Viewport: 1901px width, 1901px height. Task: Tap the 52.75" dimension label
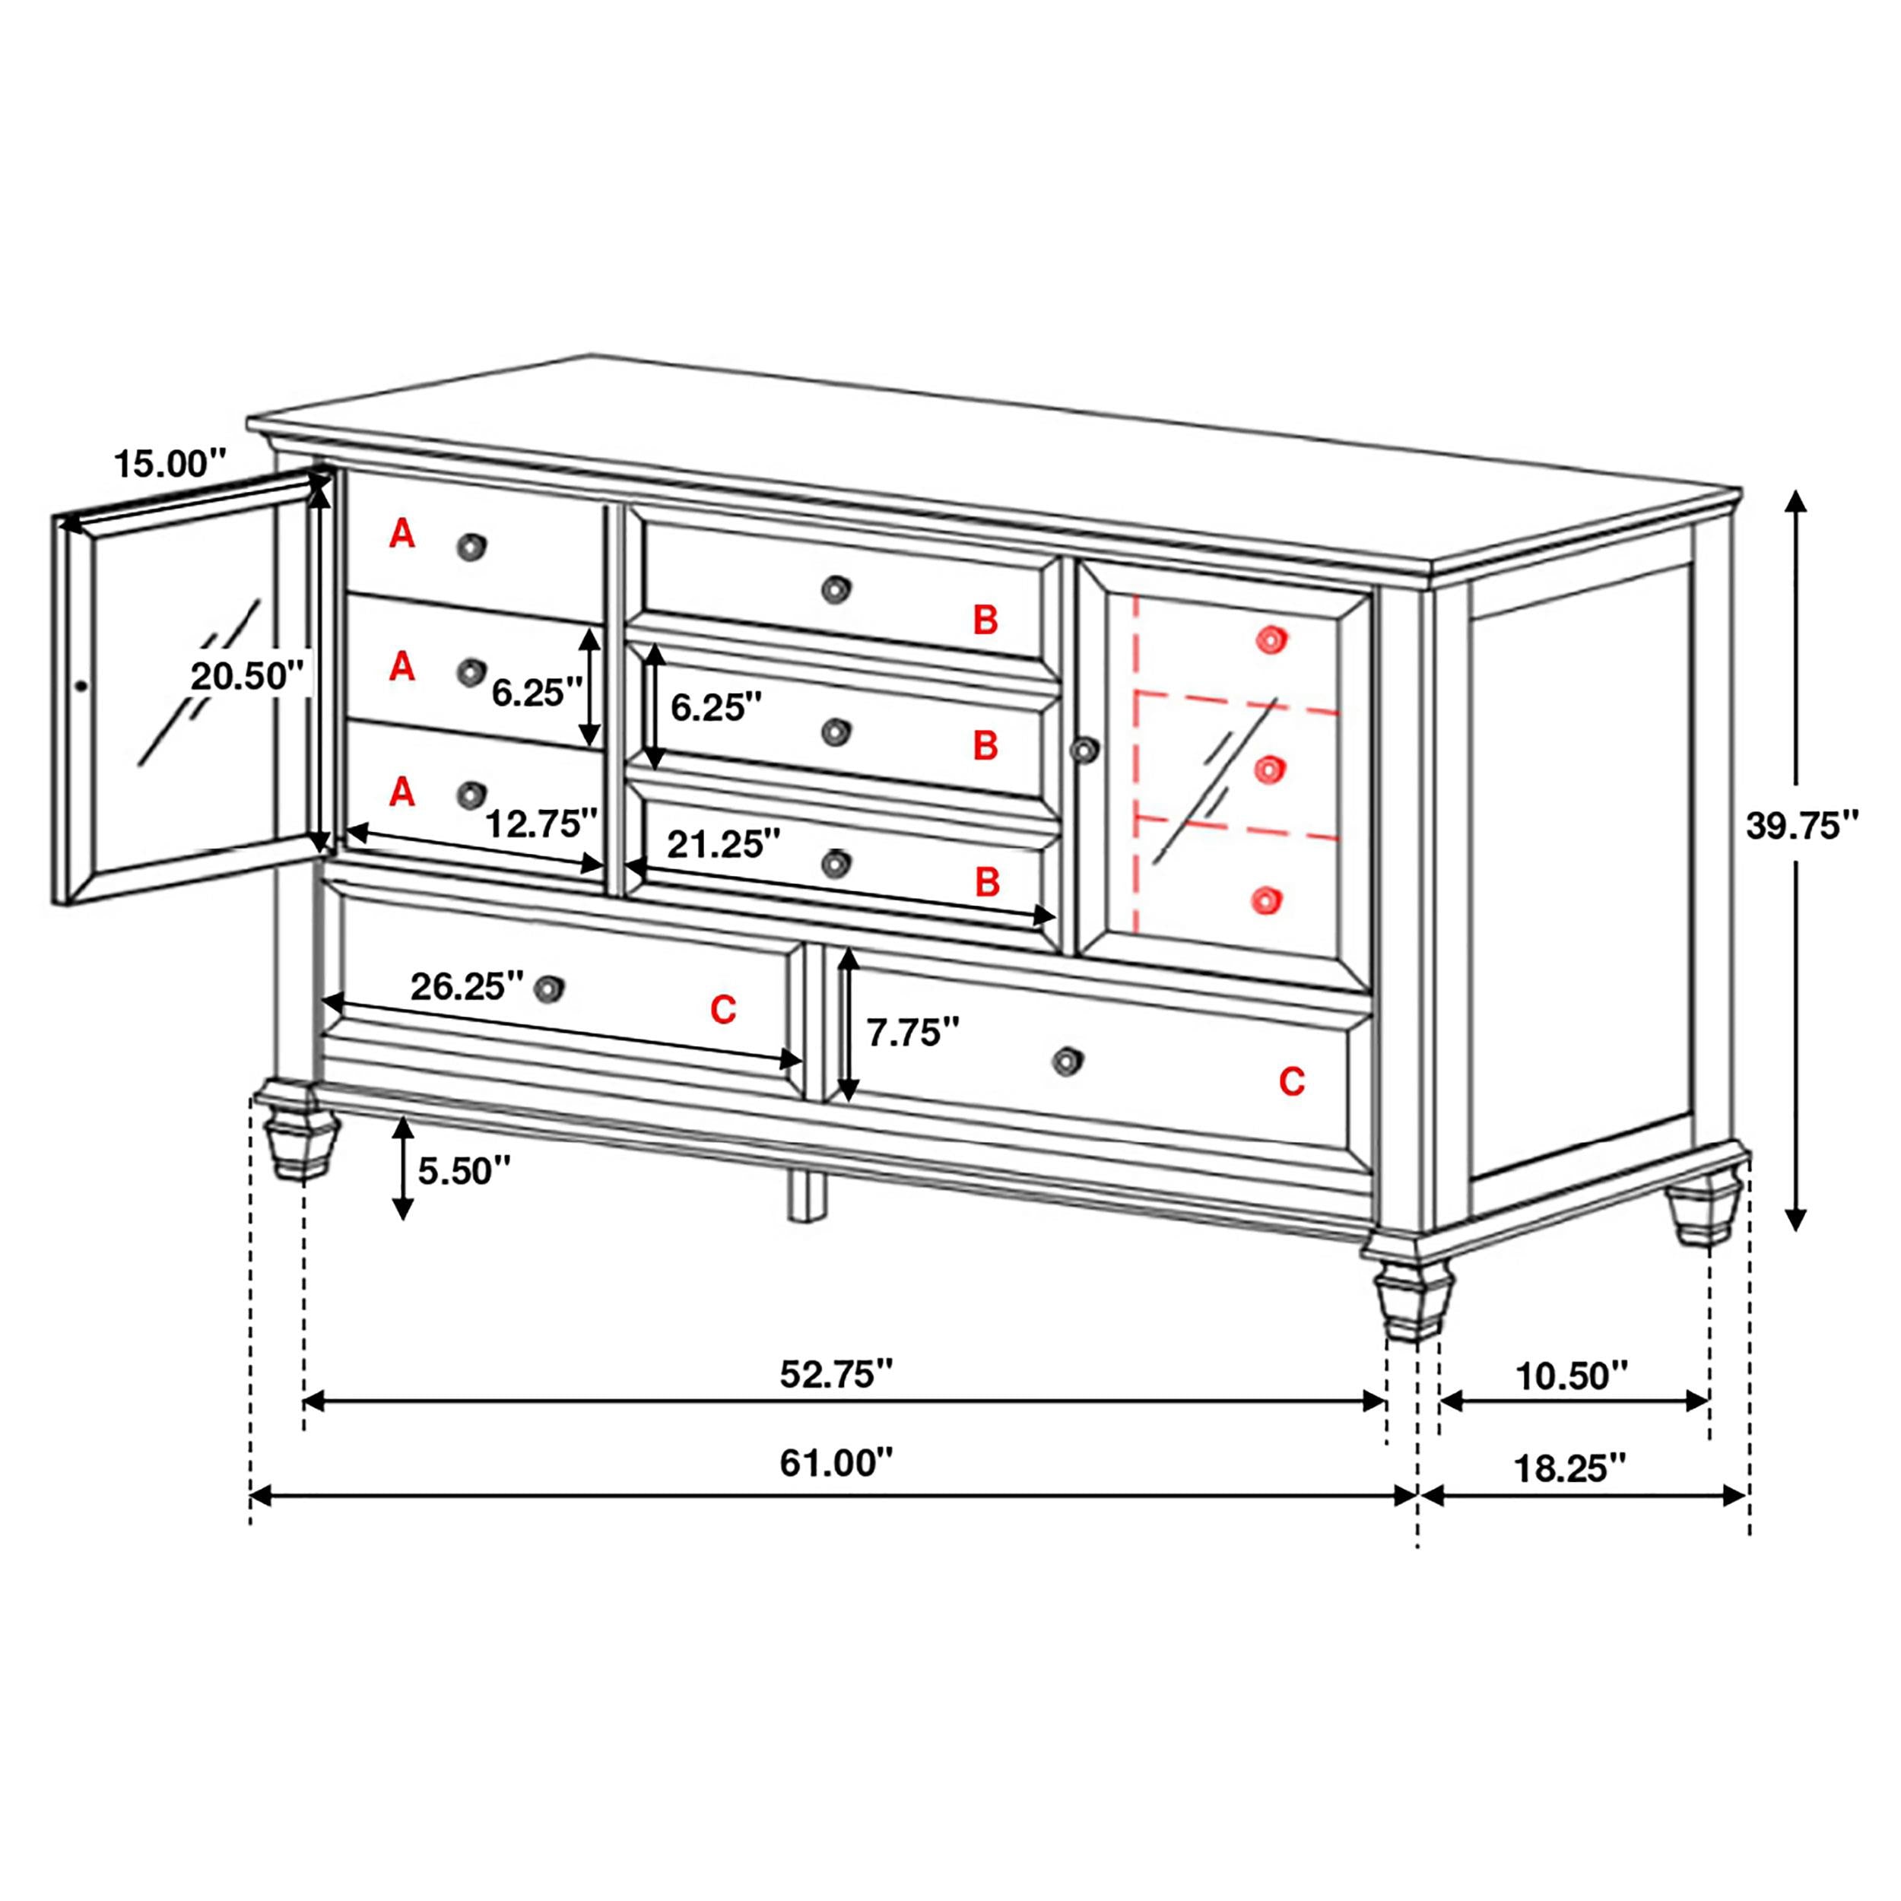click(x=836, y=1373)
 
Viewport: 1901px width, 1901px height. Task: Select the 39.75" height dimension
click(x=1801, y=826)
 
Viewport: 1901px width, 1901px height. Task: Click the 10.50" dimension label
click(x=1572, y=1376)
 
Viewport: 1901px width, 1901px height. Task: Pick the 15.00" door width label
click(x=170, y=462)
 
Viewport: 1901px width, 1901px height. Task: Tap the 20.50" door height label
click(x=246, y=676)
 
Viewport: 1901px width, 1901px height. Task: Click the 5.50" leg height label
click(x=465, y=1171)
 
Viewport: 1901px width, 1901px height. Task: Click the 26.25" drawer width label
click(x=466, y=986)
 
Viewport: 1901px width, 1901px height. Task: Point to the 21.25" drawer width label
click(x=723, y=843)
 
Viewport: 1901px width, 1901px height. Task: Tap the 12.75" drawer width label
click(x=541, y=823)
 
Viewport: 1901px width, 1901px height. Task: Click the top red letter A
click(x=401, y=535)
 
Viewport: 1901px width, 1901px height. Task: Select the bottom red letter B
click(x=987, y=881)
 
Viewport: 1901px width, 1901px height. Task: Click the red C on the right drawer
click(x=1291, y=1082)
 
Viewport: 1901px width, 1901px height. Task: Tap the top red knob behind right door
click(x=1271, y=640)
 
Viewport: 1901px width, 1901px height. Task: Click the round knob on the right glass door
click(x=1084, y=750)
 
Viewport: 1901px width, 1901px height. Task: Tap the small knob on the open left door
click(x=81, y=685)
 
